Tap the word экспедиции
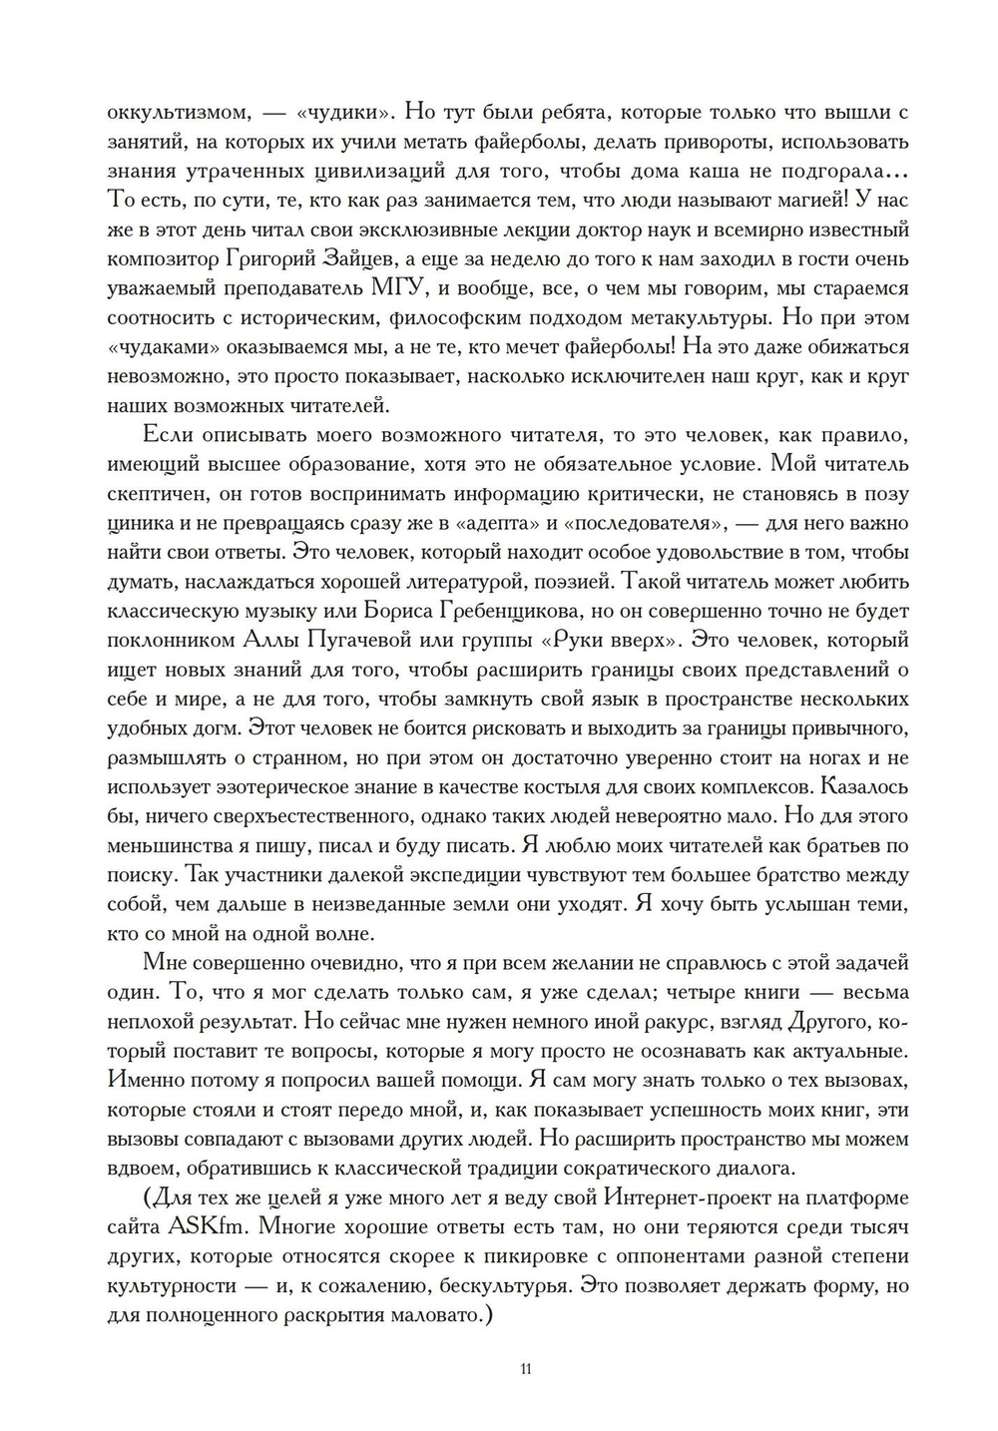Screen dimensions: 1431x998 (464, 874)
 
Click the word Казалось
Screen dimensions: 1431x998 (864, 784)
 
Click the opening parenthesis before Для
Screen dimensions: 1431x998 (149, 1195)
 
